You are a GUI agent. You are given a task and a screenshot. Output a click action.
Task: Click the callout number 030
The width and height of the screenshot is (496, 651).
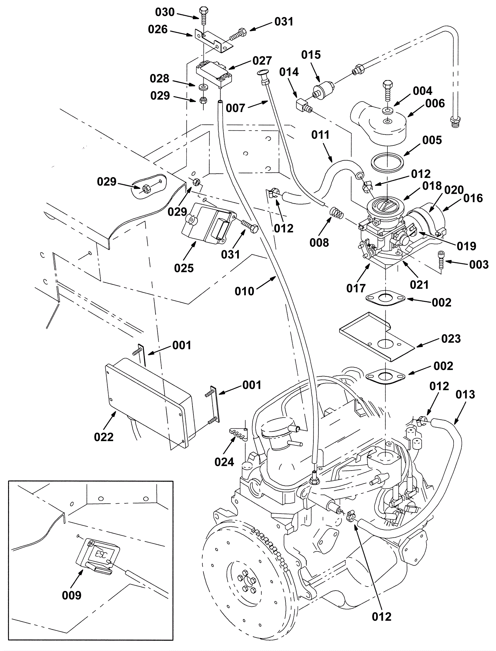coord(165,12)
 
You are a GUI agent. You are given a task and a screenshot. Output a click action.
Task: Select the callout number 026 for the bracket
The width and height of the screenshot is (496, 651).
coord(157,29)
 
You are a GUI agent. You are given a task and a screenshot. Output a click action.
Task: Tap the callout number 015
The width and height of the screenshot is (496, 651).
coord(311,55)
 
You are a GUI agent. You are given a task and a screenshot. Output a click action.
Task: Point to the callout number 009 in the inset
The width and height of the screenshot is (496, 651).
coord(72,595)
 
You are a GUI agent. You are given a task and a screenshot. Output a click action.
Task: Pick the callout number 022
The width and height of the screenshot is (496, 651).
coord(104,437)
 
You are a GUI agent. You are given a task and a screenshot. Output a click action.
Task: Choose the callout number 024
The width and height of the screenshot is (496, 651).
coord(224,462)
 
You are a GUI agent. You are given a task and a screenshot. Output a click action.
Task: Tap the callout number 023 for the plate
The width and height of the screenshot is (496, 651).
coord(451,339)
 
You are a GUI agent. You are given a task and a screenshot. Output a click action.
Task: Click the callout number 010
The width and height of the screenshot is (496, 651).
coord(244,291)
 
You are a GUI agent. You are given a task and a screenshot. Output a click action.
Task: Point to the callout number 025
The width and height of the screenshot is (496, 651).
coord(184,268)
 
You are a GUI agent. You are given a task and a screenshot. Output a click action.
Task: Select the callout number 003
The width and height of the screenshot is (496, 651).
coord(479,265)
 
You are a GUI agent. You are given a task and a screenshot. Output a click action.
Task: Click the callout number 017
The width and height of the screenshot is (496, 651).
coord(356,288)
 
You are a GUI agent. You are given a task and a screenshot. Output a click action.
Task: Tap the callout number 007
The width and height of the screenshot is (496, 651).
coord(236,108)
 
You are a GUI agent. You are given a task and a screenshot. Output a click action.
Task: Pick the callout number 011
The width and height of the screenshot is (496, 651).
coord(321,135)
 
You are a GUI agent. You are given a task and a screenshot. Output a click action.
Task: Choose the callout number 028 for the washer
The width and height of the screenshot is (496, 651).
coord(159,79)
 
